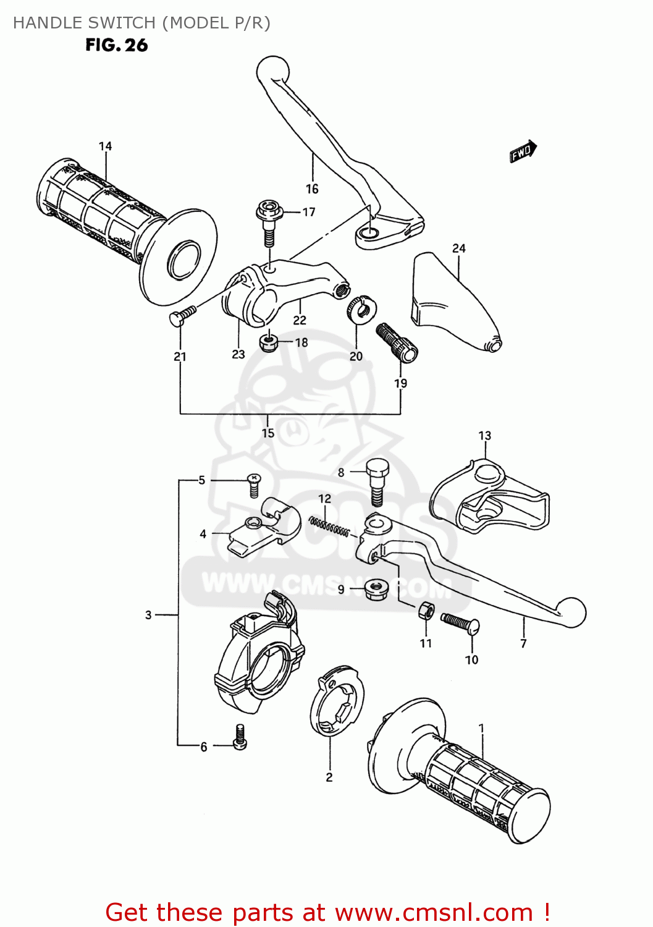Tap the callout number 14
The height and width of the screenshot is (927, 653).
pyautogui.click(x=106, y=146)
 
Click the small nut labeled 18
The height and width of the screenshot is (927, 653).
pyautogui.click(x=268, y=342)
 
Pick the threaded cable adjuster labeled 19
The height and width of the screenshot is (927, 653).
pyautogui.click(x=397, y=342)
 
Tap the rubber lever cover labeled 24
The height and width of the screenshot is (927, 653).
pyautogui.click(x=454, y=303)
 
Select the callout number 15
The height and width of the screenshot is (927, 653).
pyautogui.click(x=268, y=433)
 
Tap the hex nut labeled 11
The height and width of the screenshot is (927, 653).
pyautogui.click(x=425, y=611)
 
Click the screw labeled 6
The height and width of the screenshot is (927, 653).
pyautogui.click(x=240, y=736)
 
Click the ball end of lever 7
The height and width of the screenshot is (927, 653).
pyautogui.click(x=571, y=612)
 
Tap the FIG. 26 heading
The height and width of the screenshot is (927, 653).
pyautogui.click(x=117, y=45)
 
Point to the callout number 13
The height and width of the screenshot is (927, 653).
pyautogui.click(x=485, y=436)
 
